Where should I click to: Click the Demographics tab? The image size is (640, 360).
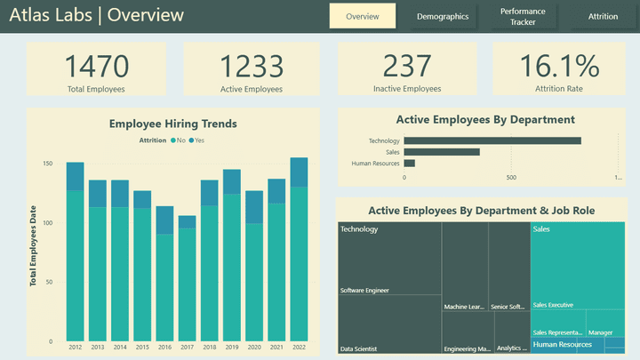tap(442, 17)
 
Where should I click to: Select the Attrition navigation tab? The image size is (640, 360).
tap(602, 17)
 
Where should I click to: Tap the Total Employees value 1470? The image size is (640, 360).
tap(96, 67)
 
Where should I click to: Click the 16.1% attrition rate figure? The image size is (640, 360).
tap(560, 67)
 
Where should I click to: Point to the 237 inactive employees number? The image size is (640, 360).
tap(406, 67)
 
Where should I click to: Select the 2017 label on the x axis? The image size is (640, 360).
tap(187, 348)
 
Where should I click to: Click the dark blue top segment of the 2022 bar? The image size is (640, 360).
tap(299, 172)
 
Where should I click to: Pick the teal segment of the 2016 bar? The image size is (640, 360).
tap(164, 286)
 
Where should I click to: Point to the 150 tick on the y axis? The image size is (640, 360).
tap(47, 164)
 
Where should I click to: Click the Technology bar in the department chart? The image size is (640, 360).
tap(492, 140)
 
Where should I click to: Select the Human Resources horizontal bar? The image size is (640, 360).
tap(410, 164)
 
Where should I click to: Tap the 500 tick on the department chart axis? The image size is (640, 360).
tap(511, 177)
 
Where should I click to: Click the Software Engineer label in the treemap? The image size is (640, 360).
tap(364, 291)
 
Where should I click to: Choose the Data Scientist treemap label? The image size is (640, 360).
tap(359, 348)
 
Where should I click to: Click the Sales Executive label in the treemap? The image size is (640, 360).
tap(553, 305)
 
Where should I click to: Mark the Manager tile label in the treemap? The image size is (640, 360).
tap(600, 332)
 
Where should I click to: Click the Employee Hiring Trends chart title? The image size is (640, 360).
tap(172, 124)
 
